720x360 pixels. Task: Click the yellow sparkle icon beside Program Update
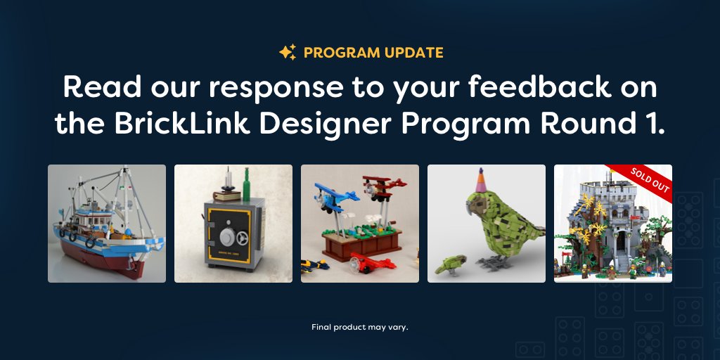pyautogui.click(x=287, y=53)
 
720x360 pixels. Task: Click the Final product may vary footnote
pyautogui.click(x=359, y=327)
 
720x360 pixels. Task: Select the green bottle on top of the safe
pyautogui.click(x=246, y=184)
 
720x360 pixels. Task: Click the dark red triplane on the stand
pyautogui.click(x=380, y=186)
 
